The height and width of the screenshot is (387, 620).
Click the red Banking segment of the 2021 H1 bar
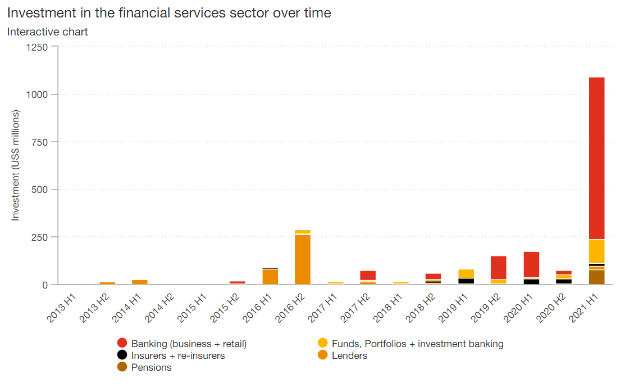click(x=596, y=157)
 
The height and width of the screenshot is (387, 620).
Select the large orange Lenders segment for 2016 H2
click(x=303, y=259)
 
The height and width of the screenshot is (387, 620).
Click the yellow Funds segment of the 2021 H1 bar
click(x=596, y=251)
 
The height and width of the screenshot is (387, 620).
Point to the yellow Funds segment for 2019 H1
click(x=466, y=274)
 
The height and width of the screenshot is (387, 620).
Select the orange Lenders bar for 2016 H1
click(x=270, y=277)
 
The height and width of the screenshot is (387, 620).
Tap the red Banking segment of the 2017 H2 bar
click(x=368, y=275)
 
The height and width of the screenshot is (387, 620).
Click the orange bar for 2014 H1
click(x=140, y=282)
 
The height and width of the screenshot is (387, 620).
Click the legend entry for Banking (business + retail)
click(x=189, y=343)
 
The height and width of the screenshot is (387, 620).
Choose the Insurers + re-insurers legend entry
click(x=177, y=355)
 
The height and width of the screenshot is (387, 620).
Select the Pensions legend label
click(x=151, y=368)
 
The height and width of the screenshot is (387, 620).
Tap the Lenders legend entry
click(x=349, y=355)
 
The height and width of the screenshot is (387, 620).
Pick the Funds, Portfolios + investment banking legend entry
click(x=417, y=343)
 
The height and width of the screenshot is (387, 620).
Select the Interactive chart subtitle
click(x=47, y=31)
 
